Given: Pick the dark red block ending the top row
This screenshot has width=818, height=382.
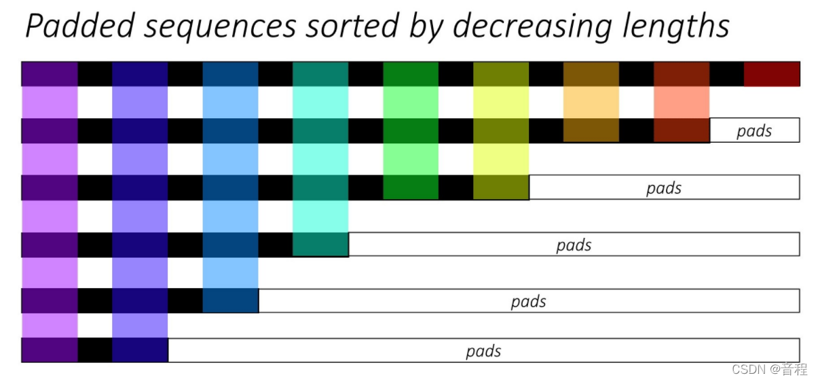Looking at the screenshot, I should (772, 74).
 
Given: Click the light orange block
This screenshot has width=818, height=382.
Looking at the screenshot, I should (591, 102).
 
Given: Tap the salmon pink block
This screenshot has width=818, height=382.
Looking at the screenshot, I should (682, 102).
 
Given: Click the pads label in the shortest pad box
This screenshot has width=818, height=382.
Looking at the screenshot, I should (754, 131).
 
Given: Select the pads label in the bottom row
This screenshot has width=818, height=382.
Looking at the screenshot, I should (483, 351).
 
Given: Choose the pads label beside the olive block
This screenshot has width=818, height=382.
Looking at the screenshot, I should (663, 188).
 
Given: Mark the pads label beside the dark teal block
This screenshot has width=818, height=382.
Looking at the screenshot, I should (574, 245).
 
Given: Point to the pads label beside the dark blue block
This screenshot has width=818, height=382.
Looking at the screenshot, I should (528, 301).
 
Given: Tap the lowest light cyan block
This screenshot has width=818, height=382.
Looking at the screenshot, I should (320, 216).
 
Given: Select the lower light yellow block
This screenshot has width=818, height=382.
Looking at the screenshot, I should (501, 159).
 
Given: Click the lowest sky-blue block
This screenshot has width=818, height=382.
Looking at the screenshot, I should (230, 273).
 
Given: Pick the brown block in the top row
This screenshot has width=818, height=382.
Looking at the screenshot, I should (591, 74).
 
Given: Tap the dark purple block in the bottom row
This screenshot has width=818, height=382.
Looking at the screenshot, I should (50, 350).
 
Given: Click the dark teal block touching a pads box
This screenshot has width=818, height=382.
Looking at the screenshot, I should (320, 244).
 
